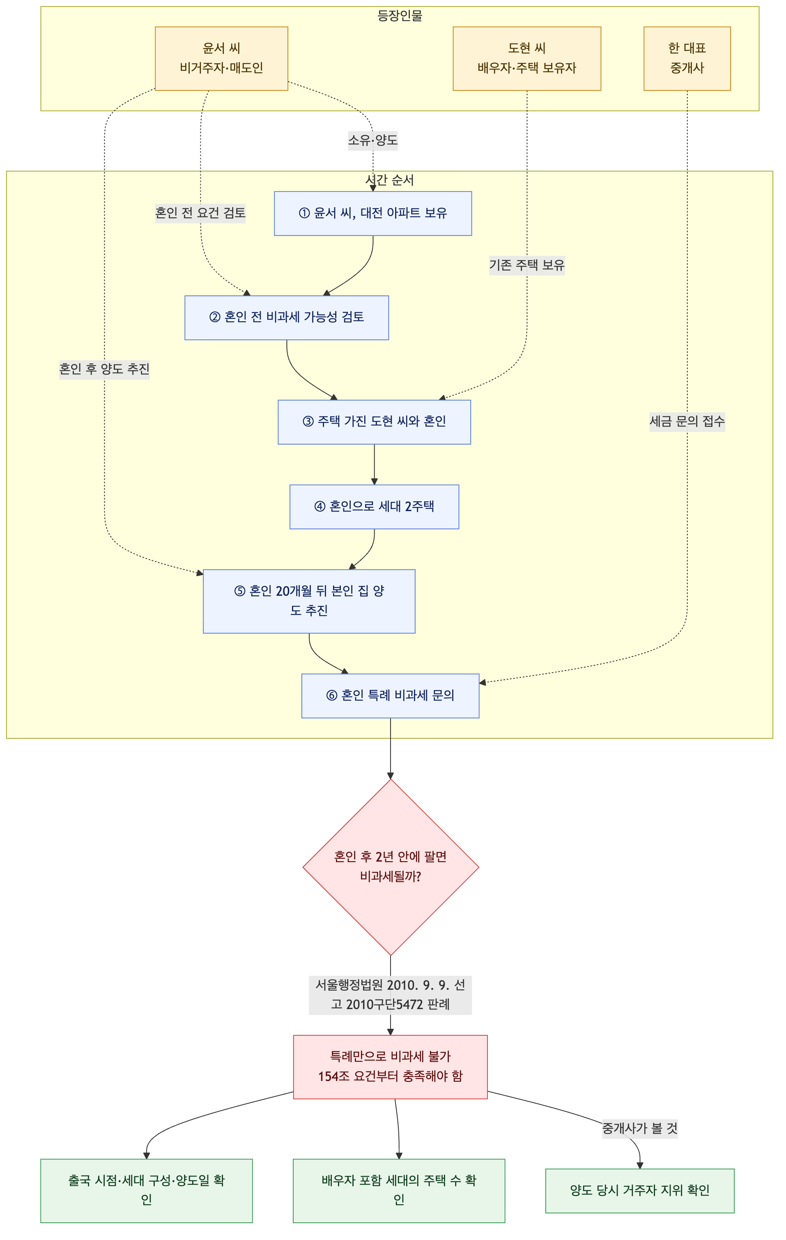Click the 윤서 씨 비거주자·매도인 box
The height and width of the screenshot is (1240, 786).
[x=221, y=59]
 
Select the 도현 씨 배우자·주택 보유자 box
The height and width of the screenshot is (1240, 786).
[x=526, y=59]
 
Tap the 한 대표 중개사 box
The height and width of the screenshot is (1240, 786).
[x=687, y=59]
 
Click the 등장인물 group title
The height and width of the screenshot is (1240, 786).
[x=400, y=16]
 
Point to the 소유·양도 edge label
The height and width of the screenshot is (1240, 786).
[x=372, y=140]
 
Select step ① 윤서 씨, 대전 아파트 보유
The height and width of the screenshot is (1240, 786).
[x=372, y=214]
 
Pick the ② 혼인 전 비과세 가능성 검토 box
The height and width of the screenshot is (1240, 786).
[x=287, y=318]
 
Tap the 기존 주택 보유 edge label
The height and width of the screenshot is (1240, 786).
[x=526, y=265]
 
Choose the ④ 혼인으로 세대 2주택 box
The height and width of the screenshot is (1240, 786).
[x=374, y=507]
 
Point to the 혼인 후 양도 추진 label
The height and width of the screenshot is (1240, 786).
[x=104, y=370]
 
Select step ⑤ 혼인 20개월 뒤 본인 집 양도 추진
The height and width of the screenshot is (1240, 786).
[x=309, y=602]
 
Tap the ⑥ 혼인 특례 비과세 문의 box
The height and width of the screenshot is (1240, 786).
[x=390, y=696]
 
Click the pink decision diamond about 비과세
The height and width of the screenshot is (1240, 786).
[x=391, y=867]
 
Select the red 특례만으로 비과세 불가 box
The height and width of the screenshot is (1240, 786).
[x=390, y=1067]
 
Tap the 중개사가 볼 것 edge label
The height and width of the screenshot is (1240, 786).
[x=640, y=1129]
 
